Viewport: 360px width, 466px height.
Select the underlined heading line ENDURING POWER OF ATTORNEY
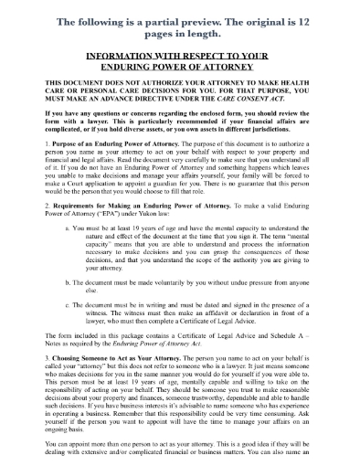179,66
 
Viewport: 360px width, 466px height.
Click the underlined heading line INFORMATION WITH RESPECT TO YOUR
179,55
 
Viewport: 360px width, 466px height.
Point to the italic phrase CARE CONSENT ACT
265,101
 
